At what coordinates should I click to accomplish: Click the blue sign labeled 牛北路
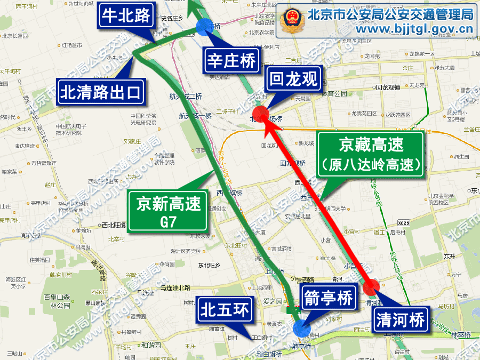[x=127, y=17]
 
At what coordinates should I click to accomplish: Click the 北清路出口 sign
[x=101, y=92]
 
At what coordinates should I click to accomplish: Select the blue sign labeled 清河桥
[x=400, y=320]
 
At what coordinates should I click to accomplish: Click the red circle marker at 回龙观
[x=261, y=114]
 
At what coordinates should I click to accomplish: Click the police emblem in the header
[x=292, y=20]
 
